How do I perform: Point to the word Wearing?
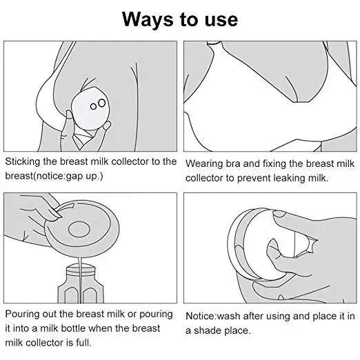pos(205,163)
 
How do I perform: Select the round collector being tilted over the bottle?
pos(82,228)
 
